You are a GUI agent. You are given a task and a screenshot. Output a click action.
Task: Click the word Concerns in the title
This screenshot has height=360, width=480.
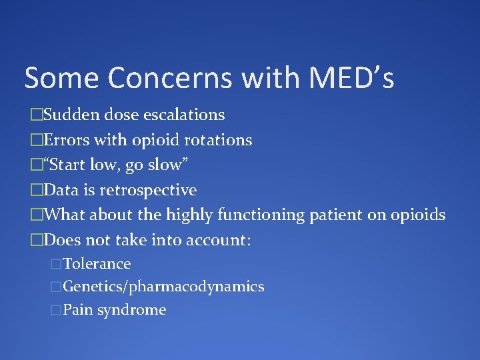pyautogui.click(x=170, y=78)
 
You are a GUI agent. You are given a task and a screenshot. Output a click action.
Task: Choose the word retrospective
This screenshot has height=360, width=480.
pyautogui.click(x=148, y=191)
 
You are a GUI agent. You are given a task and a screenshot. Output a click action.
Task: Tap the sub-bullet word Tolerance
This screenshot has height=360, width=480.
pyautogui.click(x=97, y=264)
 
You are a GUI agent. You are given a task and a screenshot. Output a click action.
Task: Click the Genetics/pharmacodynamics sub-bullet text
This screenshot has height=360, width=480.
pyautogui.click(x=163, y=287)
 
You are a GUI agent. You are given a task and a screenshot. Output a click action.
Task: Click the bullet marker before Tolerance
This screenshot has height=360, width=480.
pyautogui.click(x=56, y=264)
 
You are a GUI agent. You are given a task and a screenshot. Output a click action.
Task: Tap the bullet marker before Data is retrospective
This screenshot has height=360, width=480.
pyautogui.click(x=37, y=191)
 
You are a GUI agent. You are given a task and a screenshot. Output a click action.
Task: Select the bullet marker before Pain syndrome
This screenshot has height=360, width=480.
pyautogui.click(x=56, y=310)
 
